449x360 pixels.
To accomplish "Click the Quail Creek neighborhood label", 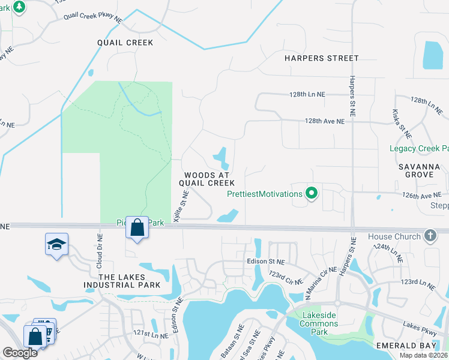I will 125,43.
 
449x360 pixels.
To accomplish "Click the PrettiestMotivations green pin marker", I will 311,193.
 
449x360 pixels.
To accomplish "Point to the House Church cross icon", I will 430,236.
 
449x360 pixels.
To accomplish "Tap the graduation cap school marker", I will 56,244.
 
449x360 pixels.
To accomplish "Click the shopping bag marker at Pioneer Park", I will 137,227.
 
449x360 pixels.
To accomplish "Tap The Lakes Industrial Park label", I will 131,281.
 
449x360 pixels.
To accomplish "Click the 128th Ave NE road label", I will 325,121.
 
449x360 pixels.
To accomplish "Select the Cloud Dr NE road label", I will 98,250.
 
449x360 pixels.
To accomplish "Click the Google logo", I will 20,353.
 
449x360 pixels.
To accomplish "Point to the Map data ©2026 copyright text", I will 423,355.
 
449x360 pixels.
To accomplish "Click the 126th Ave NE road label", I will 422,195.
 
